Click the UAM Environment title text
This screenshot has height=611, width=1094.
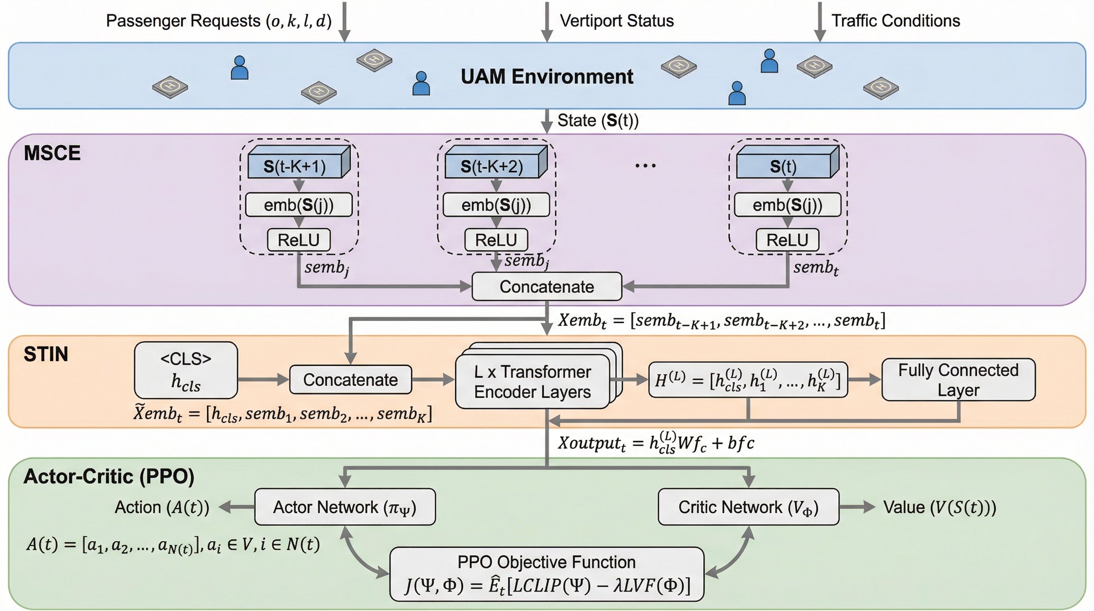(547, 77)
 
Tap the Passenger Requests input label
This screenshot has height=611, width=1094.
(218, 21)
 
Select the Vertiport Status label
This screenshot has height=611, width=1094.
(617, 21)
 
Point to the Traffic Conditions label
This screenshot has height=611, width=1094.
(895, 21)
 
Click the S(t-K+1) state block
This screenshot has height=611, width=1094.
(295, 166)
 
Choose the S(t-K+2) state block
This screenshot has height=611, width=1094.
(492, 166)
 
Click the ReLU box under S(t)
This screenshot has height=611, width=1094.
(787, 240)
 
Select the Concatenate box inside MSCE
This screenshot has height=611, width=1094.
(547, 287)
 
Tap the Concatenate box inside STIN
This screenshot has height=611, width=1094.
(350, 379)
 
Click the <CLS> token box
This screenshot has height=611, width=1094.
(186, 370)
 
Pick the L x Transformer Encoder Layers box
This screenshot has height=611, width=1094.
(532, 381)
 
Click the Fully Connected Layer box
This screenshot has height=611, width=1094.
(958, 380)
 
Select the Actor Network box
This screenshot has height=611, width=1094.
(344, 507)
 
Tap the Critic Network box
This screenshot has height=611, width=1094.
(748, 507)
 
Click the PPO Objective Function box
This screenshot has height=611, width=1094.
(546, 574)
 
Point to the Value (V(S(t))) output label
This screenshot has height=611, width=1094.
(939, 507)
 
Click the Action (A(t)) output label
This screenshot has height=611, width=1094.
(162, 507)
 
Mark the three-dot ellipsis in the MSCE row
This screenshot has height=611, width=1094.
(645, 166)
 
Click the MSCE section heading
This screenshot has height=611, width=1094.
(52, 153)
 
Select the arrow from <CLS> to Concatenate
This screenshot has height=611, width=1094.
(263, 379)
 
